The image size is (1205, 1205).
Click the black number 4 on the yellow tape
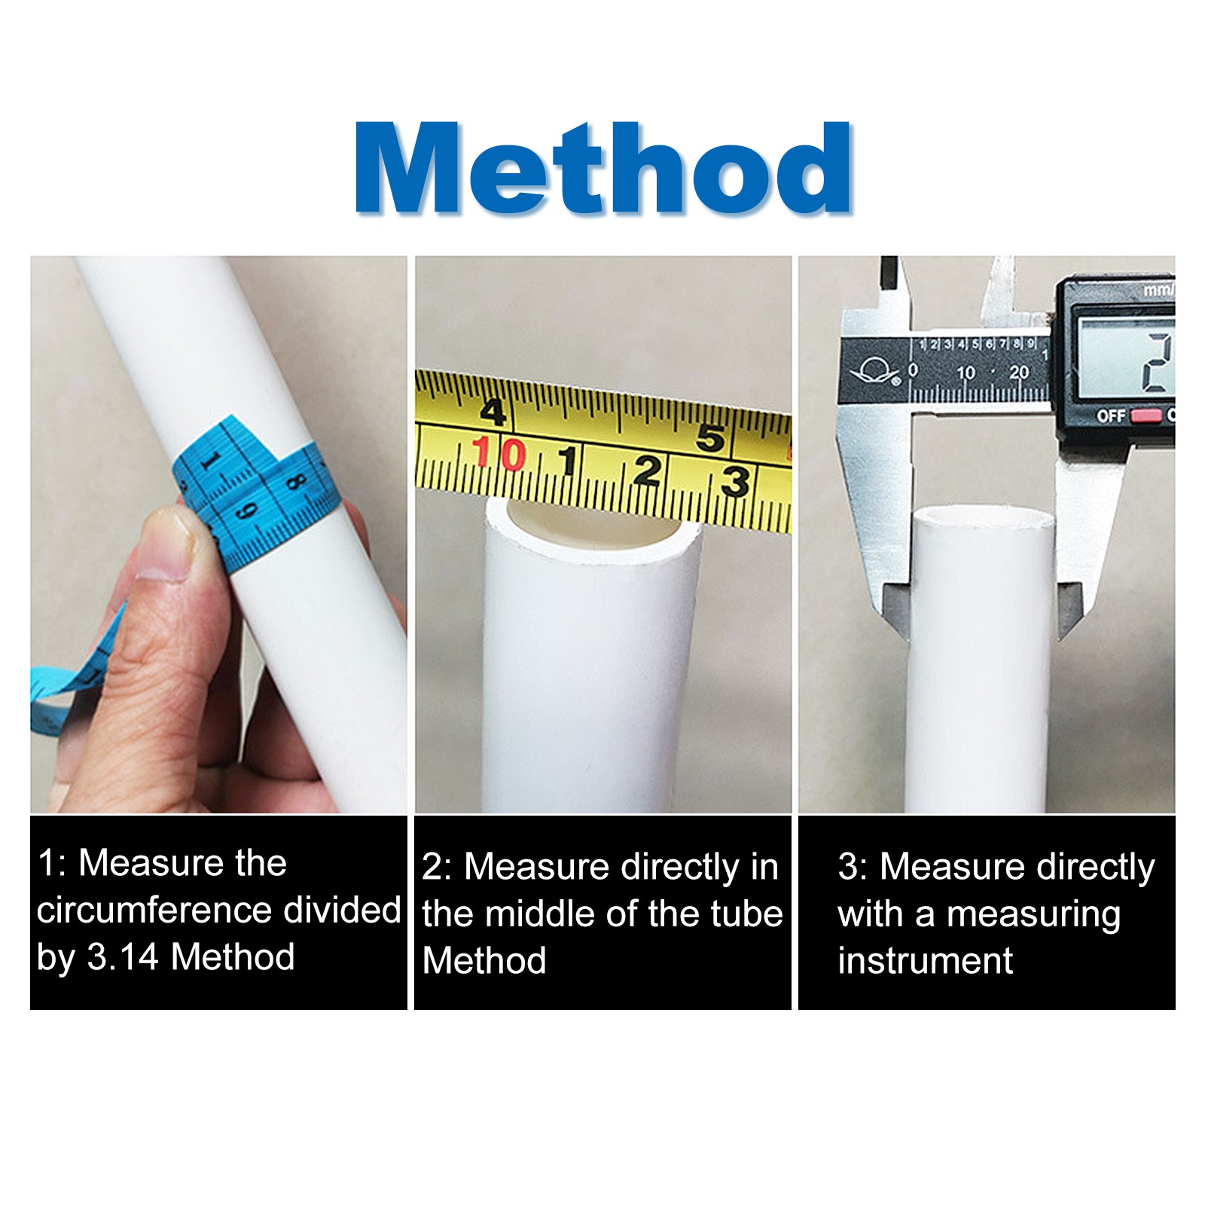click(x=493, y=412)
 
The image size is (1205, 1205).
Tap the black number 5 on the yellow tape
click(x=710, y=437)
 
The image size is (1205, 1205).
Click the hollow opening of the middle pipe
click(x=595, y=527)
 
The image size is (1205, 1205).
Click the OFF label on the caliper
click(x=1110, y=416)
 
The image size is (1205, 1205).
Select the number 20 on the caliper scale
click(x=1019, y=372)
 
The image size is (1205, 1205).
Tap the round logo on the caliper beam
click(x=874, y=373)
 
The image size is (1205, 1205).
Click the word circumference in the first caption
click(x=154, y=911)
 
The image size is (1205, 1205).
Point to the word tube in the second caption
click(x=746, y=914)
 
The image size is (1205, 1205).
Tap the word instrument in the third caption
click(x=925, y=962)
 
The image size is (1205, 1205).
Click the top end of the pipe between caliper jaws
click(x=983, y=518)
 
